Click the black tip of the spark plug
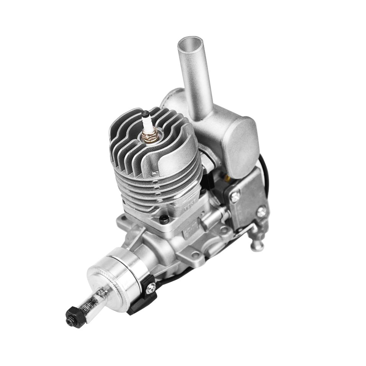(145, 114)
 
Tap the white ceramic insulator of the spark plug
(147, 123)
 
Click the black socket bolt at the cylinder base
(165, 219)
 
